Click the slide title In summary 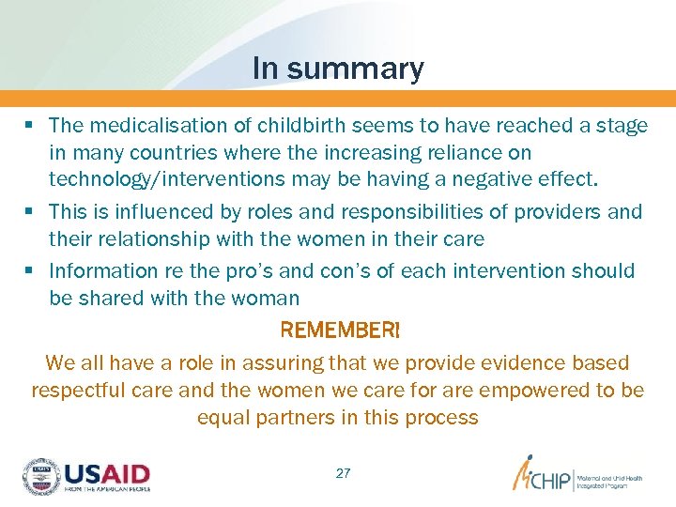[x=338, y=69]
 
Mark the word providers [x=559, y=211]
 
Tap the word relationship [x=151, y=238]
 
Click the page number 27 [x=343, y=474]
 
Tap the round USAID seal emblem [x=40, y=476]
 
